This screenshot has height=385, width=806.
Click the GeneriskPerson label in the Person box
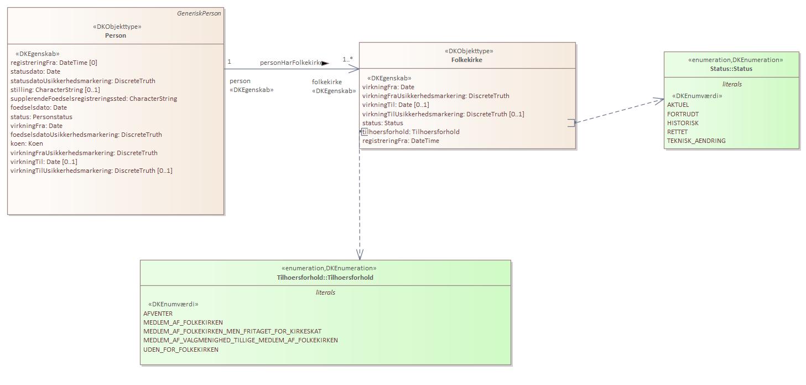coord(199,13)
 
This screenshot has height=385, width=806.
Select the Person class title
coord(116,35)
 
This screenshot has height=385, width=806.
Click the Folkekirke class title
coord(467,60)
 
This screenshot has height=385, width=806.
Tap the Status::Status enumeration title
coord(731,69)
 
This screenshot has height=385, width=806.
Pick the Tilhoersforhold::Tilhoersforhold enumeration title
coord(325,278)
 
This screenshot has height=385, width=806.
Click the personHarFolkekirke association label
coord(291,63)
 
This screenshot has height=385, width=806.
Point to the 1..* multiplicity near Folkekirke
coord(347,59)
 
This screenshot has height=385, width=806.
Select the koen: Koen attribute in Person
coord(27,143)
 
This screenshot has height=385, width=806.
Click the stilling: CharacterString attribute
coord(55,90)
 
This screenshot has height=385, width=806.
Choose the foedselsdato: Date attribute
coord(39,107)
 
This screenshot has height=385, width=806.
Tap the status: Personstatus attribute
coord(41,117)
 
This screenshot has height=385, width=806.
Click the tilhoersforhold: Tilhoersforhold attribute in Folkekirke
coord(411,132)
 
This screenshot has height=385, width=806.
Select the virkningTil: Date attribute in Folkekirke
coord(396,105)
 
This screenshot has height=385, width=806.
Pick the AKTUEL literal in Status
coord(678,105)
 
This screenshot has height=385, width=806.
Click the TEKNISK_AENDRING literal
coord(696,141)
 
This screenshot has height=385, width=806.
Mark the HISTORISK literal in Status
coord(683,123)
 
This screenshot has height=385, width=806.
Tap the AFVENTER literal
coord(158,314)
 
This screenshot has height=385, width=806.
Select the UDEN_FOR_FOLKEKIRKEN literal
coord(181,350)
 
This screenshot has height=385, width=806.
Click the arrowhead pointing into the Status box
coord(659,100)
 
